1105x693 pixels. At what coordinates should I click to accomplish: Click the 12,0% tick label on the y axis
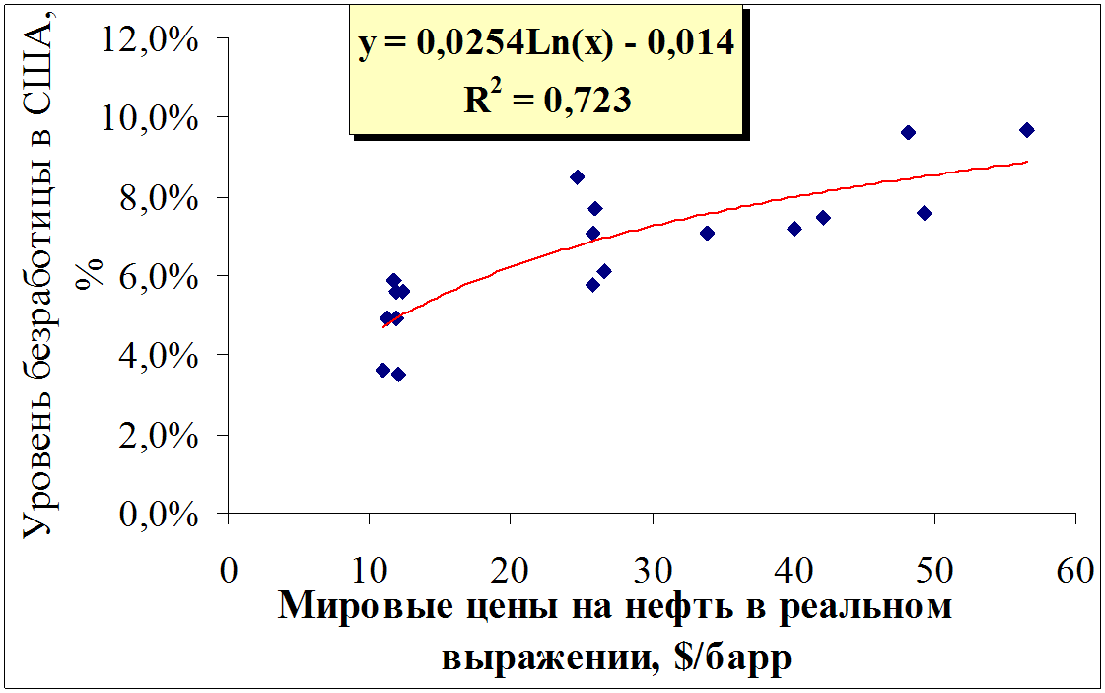tap(153, 40)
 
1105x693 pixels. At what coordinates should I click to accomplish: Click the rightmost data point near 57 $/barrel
tap(1026, 130)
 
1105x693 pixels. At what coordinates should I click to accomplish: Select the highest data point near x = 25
tap(578, 177)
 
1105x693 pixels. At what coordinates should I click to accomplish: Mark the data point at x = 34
tap(707, 233)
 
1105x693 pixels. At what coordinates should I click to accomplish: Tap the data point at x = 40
tap(794, 229)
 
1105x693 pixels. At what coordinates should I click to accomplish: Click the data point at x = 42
tap(823, 218)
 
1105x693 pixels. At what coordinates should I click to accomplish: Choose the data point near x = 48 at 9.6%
tap(908, 132)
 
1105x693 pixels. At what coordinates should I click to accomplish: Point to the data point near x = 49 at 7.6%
tap(924, 213)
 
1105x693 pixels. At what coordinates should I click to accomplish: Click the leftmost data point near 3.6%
tap(382, 370)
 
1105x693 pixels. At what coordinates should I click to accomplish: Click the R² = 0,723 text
tap(547, 99)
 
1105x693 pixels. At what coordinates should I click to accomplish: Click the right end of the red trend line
tap(1027, 162)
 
